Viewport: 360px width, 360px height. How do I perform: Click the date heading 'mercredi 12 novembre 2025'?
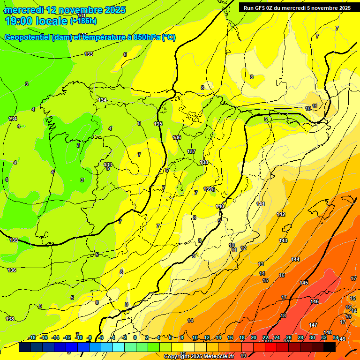[65, 10]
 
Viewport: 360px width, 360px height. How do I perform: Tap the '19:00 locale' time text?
[36, 21]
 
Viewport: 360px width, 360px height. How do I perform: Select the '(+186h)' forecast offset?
[83, 21]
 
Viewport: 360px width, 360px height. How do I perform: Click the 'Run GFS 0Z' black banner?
[295, 7]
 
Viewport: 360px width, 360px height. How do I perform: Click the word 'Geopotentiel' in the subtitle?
[28, 37]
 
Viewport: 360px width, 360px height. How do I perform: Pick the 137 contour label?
[191, 151]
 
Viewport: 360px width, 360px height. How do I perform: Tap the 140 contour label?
[220, 206]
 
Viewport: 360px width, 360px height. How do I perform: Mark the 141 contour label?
[261, 204]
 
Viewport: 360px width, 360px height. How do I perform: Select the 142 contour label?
[281, 214]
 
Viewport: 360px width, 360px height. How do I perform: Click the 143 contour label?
[283, 240]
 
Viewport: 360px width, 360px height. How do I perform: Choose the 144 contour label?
[295, 259]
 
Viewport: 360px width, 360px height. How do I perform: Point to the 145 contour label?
[304, 283]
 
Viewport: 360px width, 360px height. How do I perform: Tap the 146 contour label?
[315, 301]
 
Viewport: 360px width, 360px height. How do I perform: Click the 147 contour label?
[313, 325]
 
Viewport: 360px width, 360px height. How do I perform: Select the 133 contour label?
[89, 54]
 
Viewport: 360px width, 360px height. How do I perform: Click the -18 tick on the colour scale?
[32, 337]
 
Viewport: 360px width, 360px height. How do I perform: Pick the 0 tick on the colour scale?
[135, 337]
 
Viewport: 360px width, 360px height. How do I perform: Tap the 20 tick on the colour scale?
[254, 337]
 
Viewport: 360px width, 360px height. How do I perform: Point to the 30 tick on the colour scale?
[312, 337]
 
